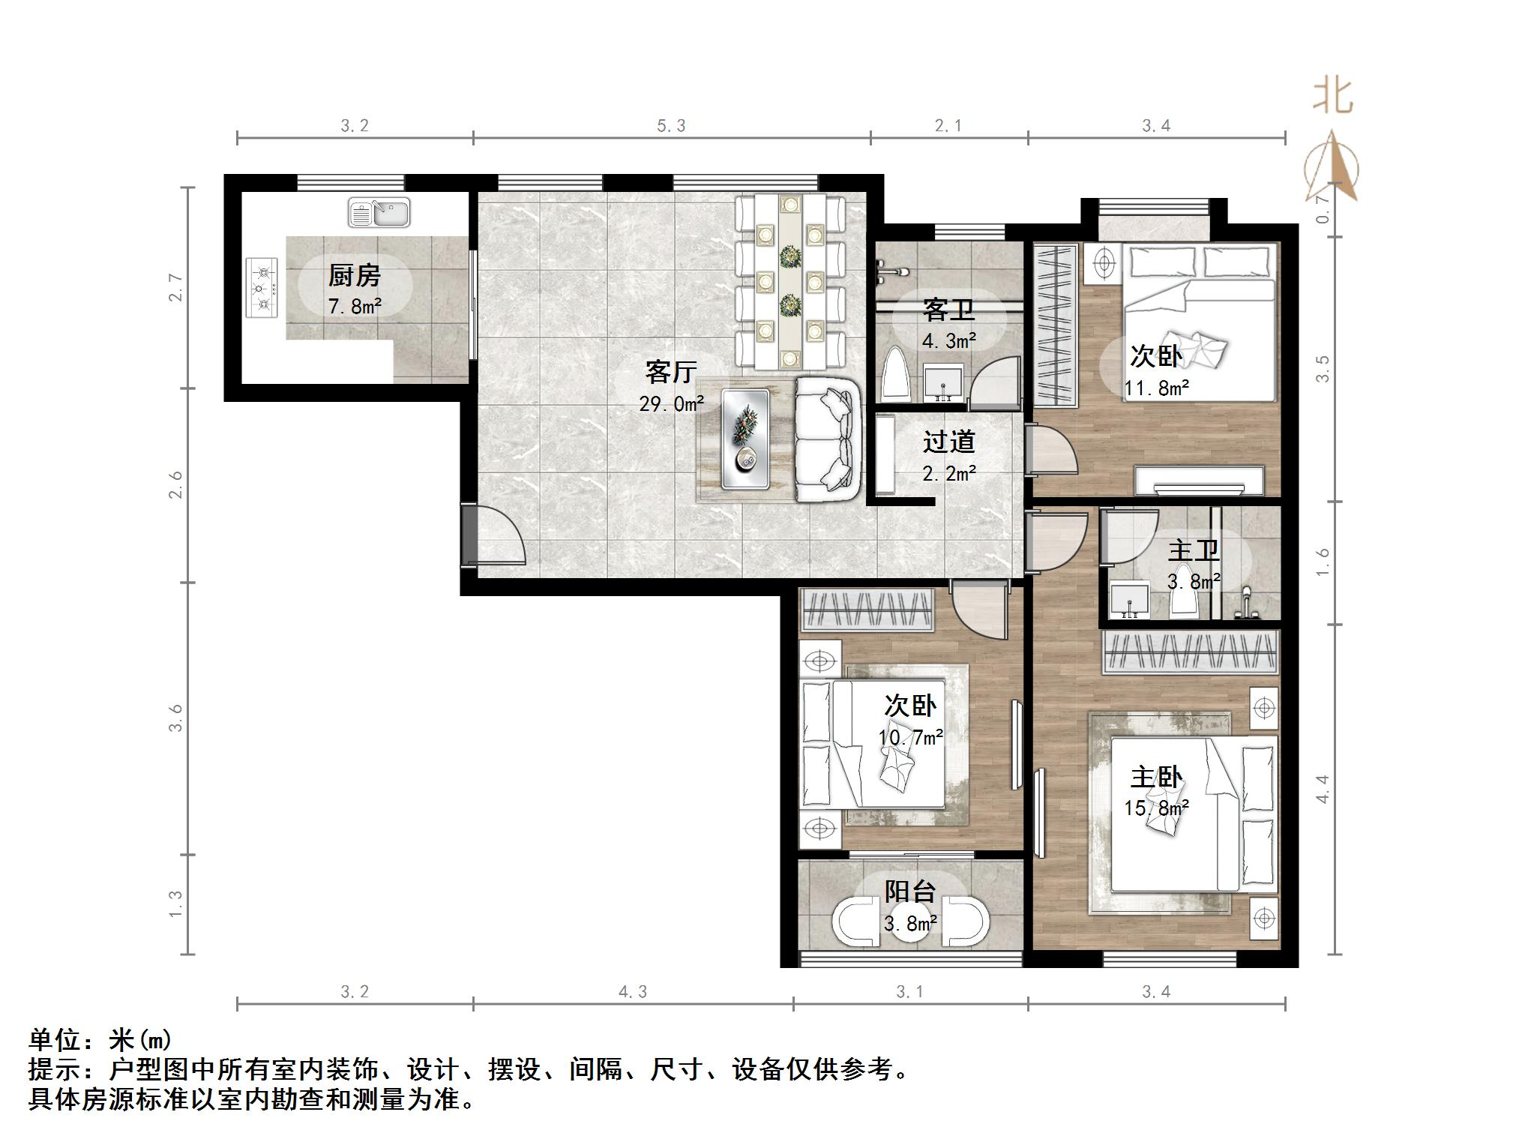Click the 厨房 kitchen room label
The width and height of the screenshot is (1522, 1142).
354,275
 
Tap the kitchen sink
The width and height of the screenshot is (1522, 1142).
379,212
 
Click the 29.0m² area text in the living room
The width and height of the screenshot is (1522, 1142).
671,404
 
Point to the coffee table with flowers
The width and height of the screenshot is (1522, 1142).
745,439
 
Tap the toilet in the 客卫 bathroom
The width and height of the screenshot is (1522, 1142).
895,376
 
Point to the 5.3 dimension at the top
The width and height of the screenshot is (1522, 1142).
671,126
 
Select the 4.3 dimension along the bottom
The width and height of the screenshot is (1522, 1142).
632,992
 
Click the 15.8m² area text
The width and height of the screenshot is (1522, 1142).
1156,808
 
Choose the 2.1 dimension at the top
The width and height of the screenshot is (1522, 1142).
948,126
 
